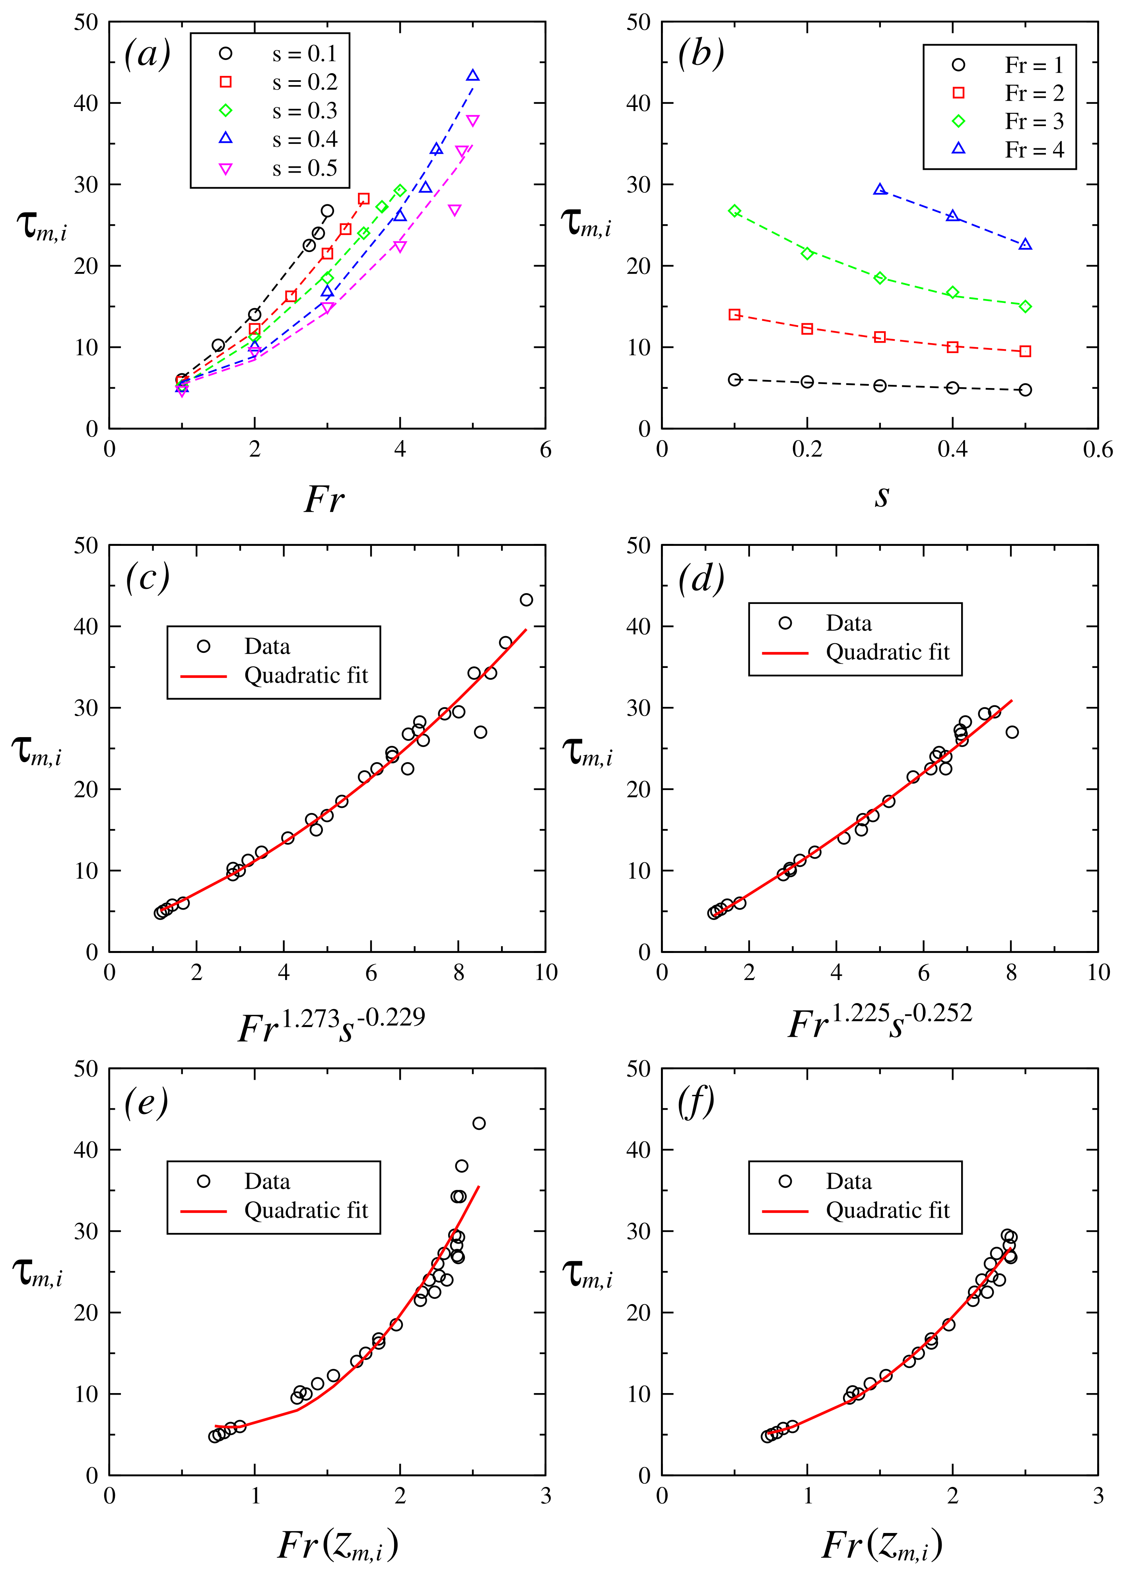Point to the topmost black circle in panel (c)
click(x=527, y=600)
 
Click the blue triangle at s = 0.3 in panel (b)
click(x=880, y=190)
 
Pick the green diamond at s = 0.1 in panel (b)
click(x=735, y=211)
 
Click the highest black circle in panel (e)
click(x=479, y=1123)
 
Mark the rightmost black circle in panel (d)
click(x=1012, y=732)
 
